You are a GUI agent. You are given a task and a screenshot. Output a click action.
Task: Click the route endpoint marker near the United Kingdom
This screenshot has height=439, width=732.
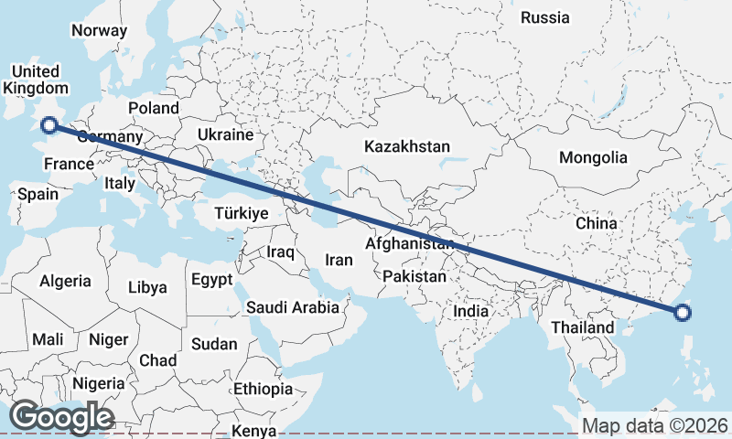(x=49, y=126)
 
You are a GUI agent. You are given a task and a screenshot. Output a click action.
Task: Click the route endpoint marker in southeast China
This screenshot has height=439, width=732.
(x=682, y=314)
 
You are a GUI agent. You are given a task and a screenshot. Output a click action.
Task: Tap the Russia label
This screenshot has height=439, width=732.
(x=544, y=17)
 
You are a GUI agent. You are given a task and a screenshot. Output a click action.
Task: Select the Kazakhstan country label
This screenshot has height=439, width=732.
(x=407, y=146)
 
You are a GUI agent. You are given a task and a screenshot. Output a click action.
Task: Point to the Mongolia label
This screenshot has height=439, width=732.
(x=593, y=157)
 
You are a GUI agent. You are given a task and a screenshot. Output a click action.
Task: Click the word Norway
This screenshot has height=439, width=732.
(x=99, y=30)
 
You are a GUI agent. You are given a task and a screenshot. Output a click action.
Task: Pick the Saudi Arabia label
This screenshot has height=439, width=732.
(x=293, y=307)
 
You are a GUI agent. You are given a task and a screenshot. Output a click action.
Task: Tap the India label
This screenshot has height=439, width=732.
(x=471, y=311)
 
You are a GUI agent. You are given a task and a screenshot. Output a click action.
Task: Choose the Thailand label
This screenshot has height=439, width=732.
(x=583, y=327)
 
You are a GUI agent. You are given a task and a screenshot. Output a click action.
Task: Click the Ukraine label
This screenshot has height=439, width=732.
(x=224, y=134)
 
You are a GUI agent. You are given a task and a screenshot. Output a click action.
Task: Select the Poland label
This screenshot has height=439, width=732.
(x=154, y=108)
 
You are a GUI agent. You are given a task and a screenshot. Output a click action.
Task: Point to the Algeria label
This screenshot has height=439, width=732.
(x=65, y=282)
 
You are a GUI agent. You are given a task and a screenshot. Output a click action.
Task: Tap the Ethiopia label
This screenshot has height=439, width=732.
(x=263, y=389)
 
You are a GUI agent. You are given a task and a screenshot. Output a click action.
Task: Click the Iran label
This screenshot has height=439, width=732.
(x=339, y=260)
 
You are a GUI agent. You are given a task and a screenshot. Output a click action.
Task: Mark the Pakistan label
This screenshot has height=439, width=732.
(x=414, y=275)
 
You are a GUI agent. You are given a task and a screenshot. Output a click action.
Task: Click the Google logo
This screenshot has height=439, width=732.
(x=61, y=417)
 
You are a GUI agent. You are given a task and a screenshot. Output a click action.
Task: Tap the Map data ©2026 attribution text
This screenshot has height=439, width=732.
(x=655, y=425)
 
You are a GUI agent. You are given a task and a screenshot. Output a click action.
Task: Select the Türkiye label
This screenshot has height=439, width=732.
(x=241, y=213)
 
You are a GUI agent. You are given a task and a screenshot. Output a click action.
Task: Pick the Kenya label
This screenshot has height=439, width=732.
(x=254, y=431)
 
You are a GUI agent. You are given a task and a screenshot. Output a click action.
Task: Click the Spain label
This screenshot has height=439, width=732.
(x=38, y=194)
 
